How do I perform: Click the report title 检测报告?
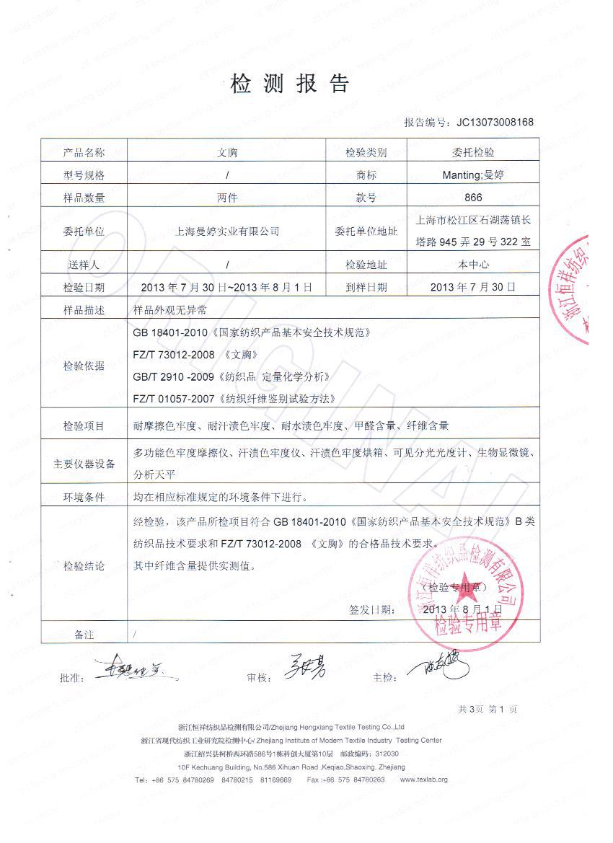point(290,84)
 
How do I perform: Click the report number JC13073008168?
point(495,122)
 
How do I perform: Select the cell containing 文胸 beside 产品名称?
point(227,152)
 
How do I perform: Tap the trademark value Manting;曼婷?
point(474,175)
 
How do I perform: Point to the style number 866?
point(474,198)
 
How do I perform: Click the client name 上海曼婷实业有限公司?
point(227,231)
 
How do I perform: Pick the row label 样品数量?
point(84,198)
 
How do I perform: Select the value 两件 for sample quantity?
point(227,198)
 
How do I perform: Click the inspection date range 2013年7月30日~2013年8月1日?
point(227,287)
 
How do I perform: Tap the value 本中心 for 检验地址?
point(474,265)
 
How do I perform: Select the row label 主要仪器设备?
point(84,464)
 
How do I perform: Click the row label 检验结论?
point(84,566)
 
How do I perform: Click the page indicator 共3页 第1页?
point(488,710)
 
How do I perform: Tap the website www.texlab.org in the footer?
point(423,780)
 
